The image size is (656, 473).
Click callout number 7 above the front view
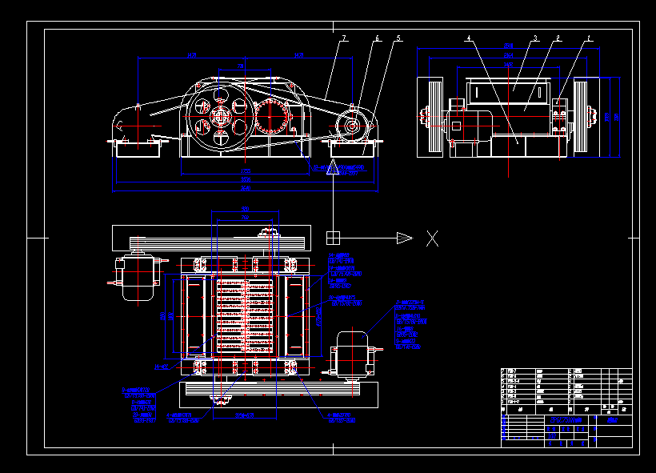click(x=343, y=38)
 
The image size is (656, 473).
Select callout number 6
click(x=377, y=38)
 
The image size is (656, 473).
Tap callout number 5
click(x=398, y=38)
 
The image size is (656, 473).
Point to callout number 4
click(x=468, y=38)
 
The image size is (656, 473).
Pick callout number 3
click(x=535, y=38)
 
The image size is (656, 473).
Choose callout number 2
click(x=558, y=38)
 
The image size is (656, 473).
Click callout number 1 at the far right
click(x=589, y=38)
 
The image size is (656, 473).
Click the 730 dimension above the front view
click(x=241, y=66)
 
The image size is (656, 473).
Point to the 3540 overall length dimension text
click(x=246, y=189)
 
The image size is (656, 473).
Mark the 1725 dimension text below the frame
click(x=246, y=171)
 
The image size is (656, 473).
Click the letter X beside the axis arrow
click(x=432, y=238)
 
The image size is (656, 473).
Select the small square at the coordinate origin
click(x=333, y=238)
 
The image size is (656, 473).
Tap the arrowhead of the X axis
click(x=405, y=238)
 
